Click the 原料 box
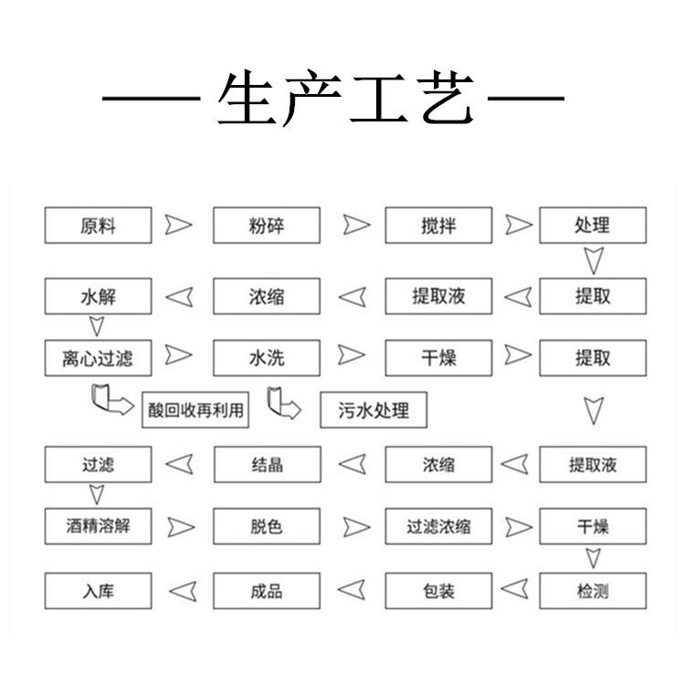click(99, 226)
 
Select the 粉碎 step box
click(267, 226)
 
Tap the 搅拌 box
click(438, 226)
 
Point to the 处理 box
click(593, 226)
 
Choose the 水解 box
click(99, 296)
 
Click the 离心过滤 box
click(99, 358)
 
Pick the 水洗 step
click(267, 358)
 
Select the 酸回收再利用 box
click(195, 410)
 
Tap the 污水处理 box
click(374, 410)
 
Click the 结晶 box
click(268, 464)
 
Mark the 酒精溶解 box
click(99, 526)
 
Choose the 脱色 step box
click(267, 526)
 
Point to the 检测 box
click(593, 591)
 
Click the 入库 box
click(99, 591)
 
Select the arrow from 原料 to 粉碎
click(178, 225)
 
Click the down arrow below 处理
click(594, 261)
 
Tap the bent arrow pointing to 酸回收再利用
click(111, 399)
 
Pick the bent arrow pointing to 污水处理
click(284, 403)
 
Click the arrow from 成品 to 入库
click(183, 592)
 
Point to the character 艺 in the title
click(447, 98)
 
